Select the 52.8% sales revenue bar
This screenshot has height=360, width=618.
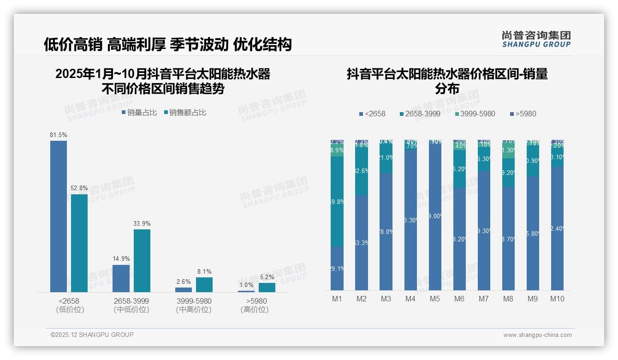tap(79, 243)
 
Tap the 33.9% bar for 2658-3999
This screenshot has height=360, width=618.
tap(142, 260)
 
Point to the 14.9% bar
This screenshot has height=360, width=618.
tap(121, 278)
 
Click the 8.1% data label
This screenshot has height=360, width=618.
tap(204, 272)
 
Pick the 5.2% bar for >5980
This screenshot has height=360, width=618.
tap(267, 287)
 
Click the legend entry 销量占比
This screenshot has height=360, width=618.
tap(139, 113)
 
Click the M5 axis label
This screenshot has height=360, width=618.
tap(435, 299)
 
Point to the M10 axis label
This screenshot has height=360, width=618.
tap(557, 299)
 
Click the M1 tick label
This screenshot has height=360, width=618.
tap(337, 299)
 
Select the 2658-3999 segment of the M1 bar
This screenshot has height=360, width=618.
tap(337, 201)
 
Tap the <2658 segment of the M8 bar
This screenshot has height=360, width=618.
tap(508, 238)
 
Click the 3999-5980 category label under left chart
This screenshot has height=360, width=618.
tap(194, 301)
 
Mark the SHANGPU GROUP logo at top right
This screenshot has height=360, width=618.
tap(536, 39)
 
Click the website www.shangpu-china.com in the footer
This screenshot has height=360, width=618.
tap(537, 335)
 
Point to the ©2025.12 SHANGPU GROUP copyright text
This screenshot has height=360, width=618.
tap(92, 335)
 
